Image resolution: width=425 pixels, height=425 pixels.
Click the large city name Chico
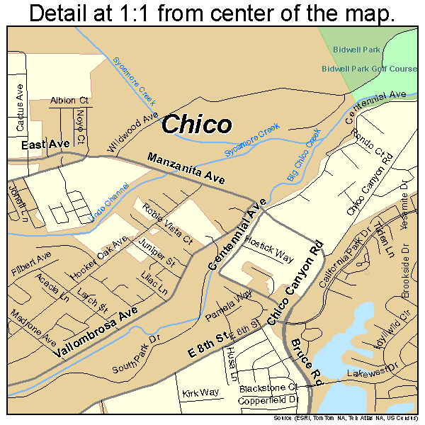coord(196,125)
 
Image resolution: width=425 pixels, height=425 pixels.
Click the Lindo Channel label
coord(111,205)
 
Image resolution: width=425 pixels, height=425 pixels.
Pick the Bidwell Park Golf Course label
coord(368,69)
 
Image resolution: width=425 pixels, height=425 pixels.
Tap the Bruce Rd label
coord(306,362)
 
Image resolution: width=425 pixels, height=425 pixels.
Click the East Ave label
coord(45,144)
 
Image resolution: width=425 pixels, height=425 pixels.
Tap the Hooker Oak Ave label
coord(98,258)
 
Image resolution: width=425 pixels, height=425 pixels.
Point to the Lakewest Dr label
coord(369,373)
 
